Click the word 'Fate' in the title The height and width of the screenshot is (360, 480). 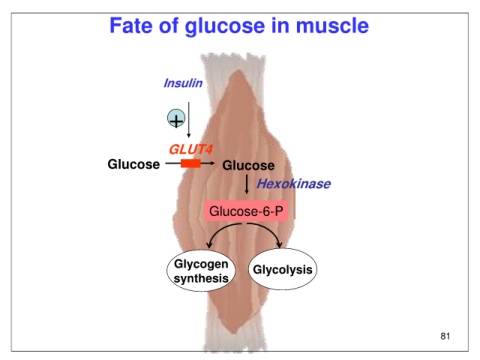click(131, 26)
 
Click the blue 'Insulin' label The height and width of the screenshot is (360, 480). click(183, 83)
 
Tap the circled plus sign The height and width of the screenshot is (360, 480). click(176, 118)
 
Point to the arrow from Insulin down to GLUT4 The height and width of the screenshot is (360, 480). click(189, 120)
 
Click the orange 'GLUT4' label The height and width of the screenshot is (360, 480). click(190, 149)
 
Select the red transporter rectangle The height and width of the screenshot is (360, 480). click(191, 163)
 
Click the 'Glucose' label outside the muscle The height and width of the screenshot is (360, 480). click(134, 164)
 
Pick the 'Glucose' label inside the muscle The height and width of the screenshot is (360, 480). click(248, 165)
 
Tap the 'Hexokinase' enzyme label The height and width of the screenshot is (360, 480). click(293, 184)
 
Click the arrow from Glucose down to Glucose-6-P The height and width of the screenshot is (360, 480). click(247, 184)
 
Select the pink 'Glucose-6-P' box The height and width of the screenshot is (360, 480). click(246, 211)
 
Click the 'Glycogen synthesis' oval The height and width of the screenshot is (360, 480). click(201, 271)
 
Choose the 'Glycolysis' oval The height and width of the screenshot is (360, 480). click(283, 269)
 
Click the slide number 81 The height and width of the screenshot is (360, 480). click(445, 336)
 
